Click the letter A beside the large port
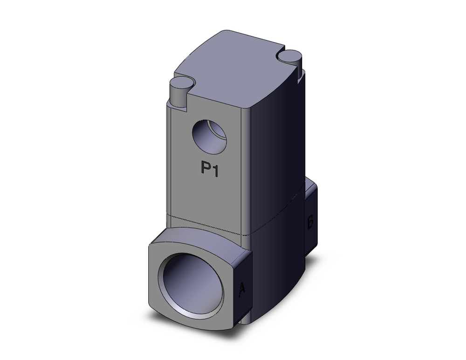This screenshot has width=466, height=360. click(x=242, y=290)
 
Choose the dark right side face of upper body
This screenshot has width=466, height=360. click(x=270, y=149)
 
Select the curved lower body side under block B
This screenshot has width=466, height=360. click(x=280, y=280)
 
